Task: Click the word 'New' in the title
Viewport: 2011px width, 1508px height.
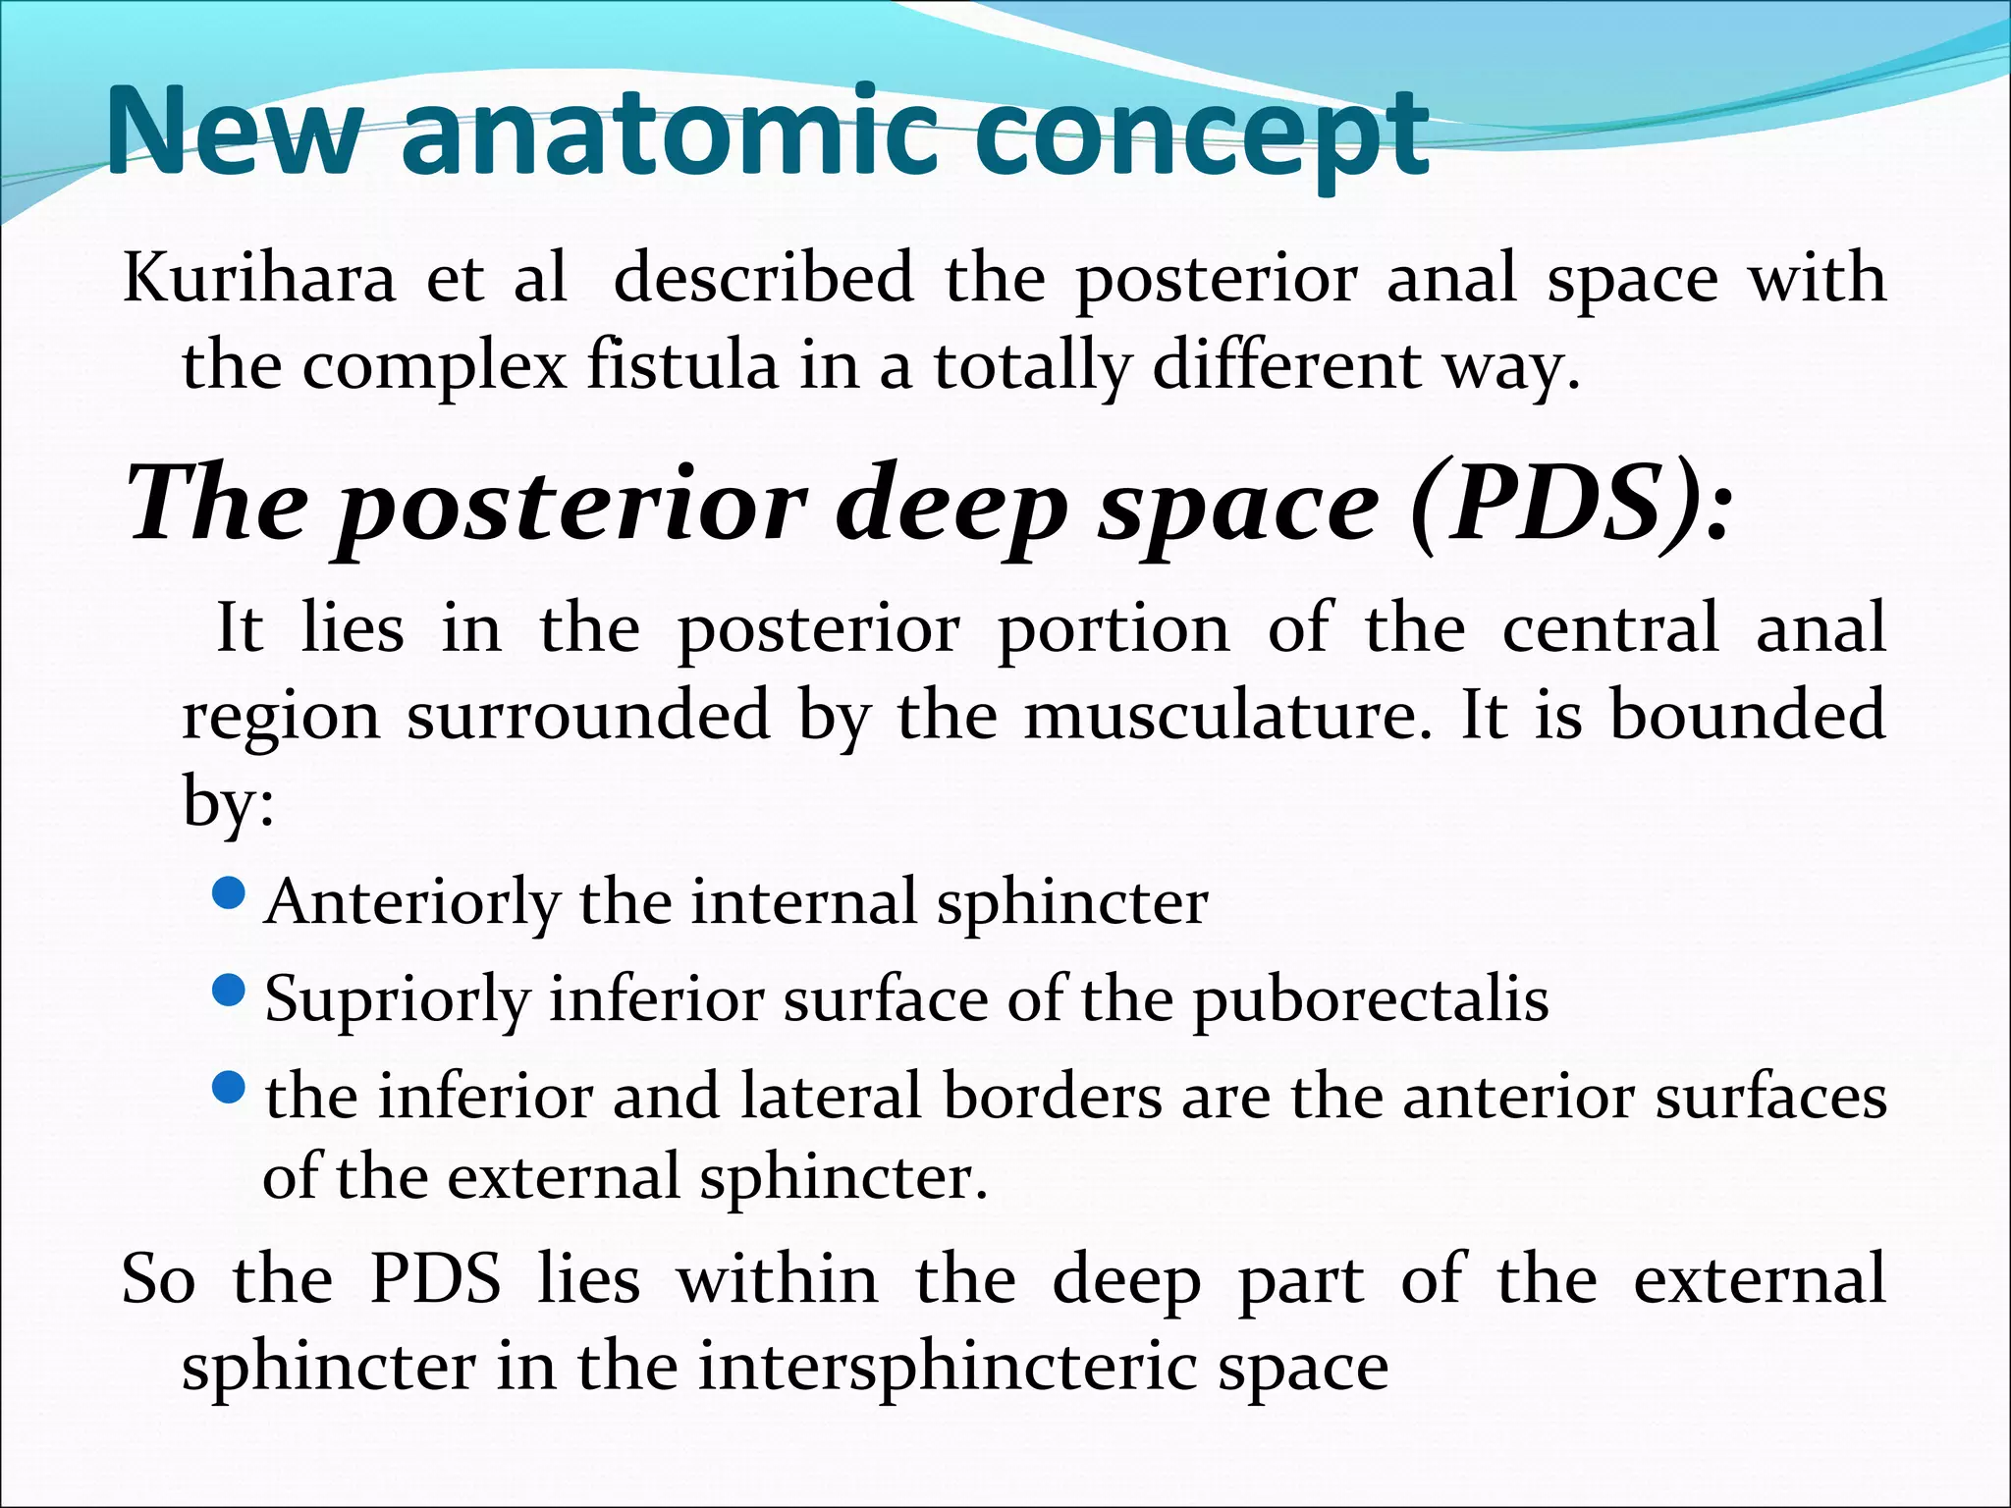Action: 233,133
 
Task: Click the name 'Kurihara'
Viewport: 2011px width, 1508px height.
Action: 259,278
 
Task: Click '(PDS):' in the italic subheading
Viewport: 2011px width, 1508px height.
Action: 1571,506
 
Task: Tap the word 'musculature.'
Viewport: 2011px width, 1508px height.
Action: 1227,715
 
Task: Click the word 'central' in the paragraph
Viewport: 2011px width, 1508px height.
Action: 1610,628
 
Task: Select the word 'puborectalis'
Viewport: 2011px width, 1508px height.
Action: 1371,1000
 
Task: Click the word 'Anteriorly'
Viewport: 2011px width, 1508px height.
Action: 413,902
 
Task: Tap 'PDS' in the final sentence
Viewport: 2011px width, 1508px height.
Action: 435,1279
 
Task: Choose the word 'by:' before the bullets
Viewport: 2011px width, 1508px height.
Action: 228,802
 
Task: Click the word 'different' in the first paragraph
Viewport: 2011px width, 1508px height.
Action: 1286,366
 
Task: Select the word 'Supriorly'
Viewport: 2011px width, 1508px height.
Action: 398,1000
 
